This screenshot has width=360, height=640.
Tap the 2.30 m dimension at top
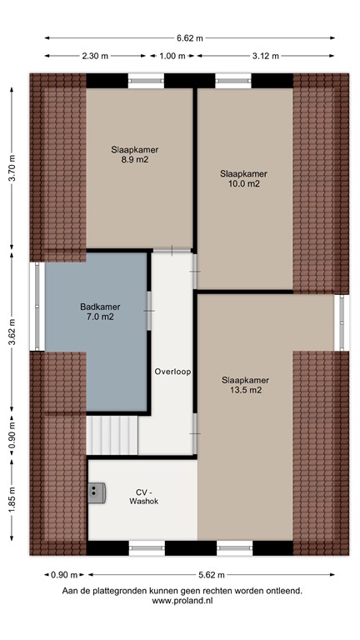pyautogui.click(x=94, y=56)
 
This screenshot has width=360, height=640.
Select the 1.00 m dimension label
pyautogui.click(x=172, y=56)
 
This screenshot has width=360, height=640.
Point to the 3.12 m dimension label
pyautogui.click(x=266, y=56)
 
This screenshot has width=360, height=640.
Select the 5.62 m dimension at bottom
pyautogui.click(x=212, y=575)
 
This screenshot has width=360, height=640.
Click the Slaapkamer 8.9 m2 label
pyautogui.click(x=135, y=156)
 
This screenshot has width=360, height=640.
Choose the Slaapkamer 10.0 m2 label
pyautogui.click(x=243, y=178)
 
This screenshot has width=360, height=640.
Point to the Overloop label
pyautogui.click(x=172, y=372)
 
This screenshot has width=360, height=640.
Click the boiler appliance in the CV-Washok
pyautogui.click(x=97, y=494)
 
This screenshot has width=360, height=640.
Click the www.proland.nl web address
pyautogui.click(x=182, y=600)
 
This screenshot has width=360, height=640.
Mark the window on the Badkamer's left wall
pyautogui.click(x=37, y=306)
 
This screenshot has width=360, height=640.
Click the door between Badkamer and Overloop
pyautogui.click(x=149, y=309)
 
